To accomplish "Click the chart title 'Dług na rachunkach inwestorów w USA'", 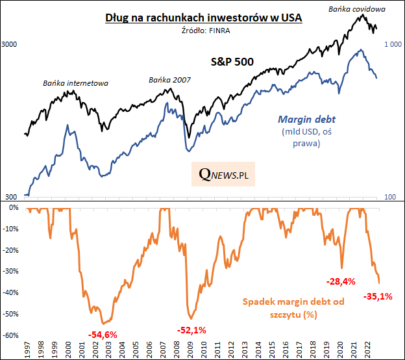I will pos(204,18).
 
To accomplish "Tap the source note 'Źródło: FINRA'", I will pos(204,30).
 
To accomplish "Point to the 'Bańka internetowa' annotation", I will pos(75,83).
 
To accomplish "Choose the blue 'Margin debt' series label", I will pos(301,119).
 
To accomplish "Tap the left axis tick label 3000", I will pos(10,45).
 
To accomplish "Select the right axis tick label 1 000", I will pos(395,44).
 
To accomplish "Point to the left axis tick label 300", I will pos(10,196).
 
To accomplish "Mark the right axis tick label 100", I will pos(391,196).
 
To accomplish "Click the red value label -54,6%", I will pos(103,334).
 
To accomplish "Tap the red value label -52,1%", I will pos(191,331).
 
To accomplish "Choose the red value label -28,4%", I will pos(340,281).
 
